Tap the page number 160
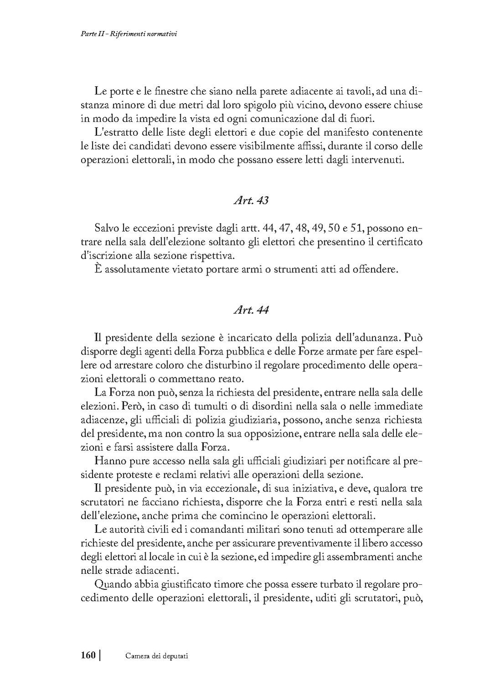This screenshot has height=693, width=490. coord(88,655)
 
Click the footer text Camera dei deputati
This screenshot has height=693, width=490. coord(157,656)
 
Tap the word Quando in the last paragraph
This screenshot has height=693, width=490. coord(110,584)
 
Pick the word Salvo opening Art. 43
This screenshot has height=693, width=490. coord(107,228)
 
